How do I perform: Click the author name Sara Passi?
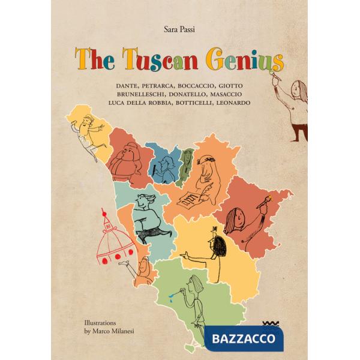click(179, 28)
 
